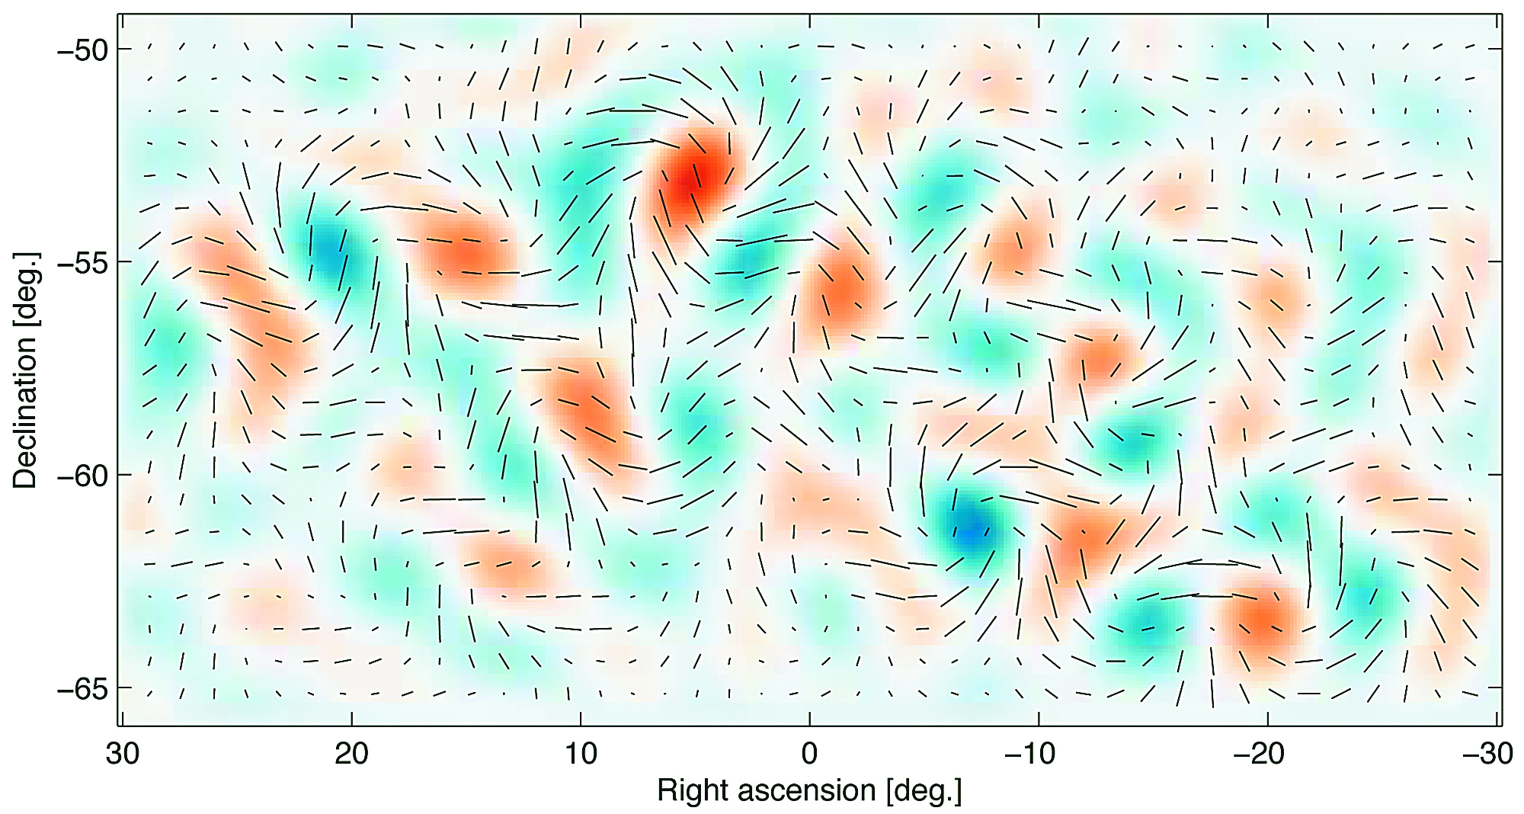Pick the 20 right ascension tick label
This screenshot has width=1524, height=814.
(x=351, y=754)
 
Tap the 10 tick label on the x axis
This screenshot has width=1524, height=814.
(x=581, y=754)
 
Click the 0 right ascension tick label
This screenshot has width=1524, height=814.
(x=809, y=754)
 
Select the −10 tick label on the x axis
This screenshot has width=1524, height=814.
(x=1030, y=754)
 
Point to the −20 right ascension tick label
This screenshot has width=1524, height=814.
(x=1259, y=754)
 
